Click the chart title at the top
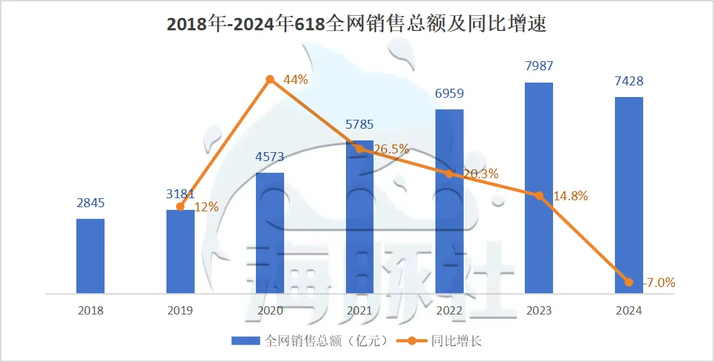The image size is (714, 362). coord(356,25)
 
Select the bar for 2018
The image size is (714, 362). coord(90,256)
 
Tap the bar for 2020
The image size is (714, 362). coord(270,233)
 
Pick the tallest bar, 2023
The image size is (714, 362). coord(539,188)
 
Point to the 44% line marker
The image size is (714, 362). coord(270,80)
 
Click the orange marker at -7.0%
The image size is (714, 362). coord(629,281)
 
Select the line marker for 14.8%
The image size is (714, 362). coord(539,195)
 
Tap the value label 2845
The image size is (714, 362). coord(90,203)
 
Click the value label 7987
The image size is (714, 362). coord(539,67)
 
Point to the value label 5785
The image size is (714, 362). coord(359,125)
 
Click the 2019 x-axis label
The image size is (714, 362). coord(180,310)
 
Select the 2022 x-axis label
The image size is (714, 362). coord(449,310)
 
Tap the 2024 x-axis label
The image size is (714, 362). coord(629,310)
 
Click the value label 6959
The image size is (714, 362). coord(449,93)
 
